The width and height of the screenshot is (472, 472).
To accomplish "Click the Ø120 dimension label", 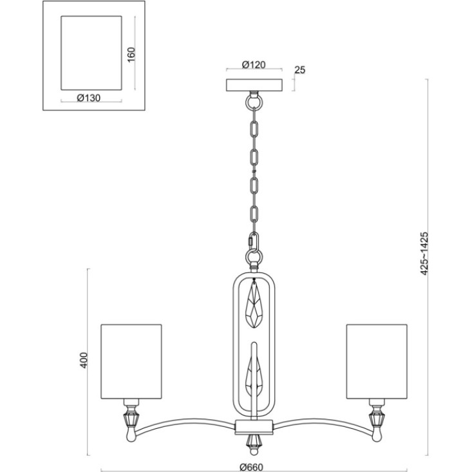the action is click(254, 65).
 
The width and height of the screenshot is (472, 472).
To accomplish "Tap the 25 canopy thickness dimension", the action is click(300, 70).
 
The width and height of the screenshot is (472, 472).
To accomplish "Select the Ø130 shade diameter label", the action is click(88, 98).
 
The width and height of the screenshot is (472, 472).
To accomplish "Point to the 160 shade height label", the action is click(131, 55).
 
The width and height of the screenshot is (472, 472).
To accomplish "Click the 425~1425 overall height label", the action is click(424, 254).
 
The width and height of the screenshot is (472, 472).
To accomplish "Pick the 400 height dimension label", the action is click(84, 361).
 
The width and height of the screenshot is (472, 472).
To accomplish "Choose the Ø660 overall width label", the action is click(251, 467).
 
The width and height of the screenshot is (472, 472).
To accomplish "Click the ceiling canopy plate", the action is click(254, 85).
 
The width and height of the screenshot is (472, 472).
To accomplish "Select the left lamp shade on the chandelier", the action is click(131, 361).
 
